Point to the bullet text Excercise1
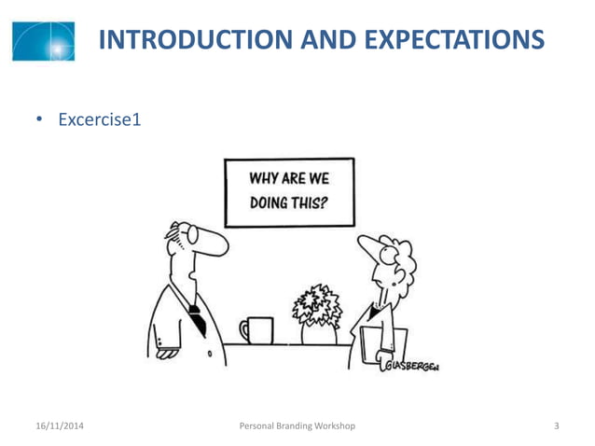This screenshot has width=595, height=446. coord(99,120)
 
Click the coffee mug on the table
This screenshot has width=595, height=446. coord(258,329)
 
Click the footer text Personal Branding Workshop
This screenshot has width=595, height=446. coord(297,426)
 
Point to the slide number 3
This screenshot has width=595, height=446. coord(556,426)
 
